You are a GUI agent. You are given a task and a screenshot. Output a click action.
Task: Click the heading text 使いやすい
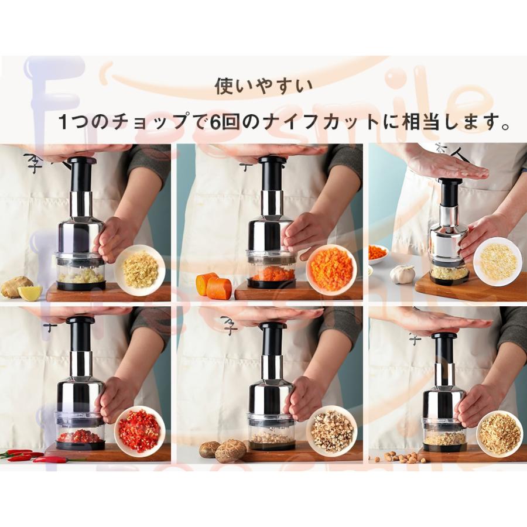263,87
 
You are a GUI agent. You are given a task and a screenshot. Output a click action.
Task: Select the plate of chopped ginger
139,270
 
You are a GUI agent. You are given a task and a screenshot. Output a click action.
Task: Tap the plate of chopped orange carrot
331,270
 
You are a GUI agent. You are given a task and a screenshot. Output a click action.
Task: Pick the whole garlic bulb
402,274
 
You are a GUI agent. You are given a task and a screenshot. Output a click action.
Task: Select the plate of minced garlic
497,261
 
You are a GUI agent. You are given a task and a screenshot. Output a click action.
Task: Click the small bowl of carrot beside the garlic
378,254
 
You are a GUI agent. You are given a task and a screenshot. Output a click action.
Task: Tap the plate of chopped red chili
139,431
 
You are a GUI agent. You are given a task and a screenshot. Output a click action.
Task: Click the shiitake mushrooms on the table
223,450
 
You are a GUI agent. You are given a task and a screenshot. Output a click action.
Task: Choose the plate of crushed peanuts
499,433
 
